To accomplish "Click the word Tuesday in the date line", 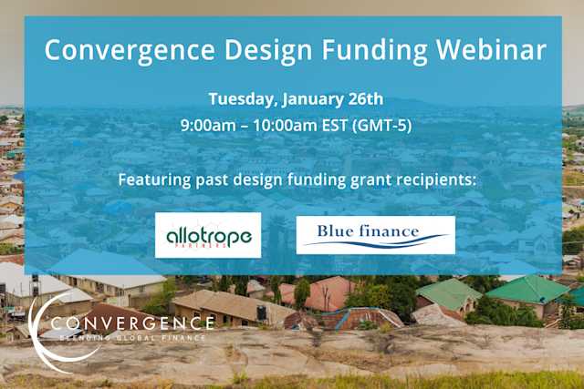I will (x=239, y=98).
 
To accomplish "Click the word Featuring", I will (x=152, y=179).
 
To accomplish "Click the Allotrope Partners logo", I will (x=208, y=235).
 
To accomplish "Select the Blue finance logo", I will (x=375, y=235).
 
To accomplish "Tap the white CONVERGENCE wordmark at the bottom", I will (x=132, y=322).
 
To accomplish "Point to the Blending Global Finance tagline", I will (x=132, y=338).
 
